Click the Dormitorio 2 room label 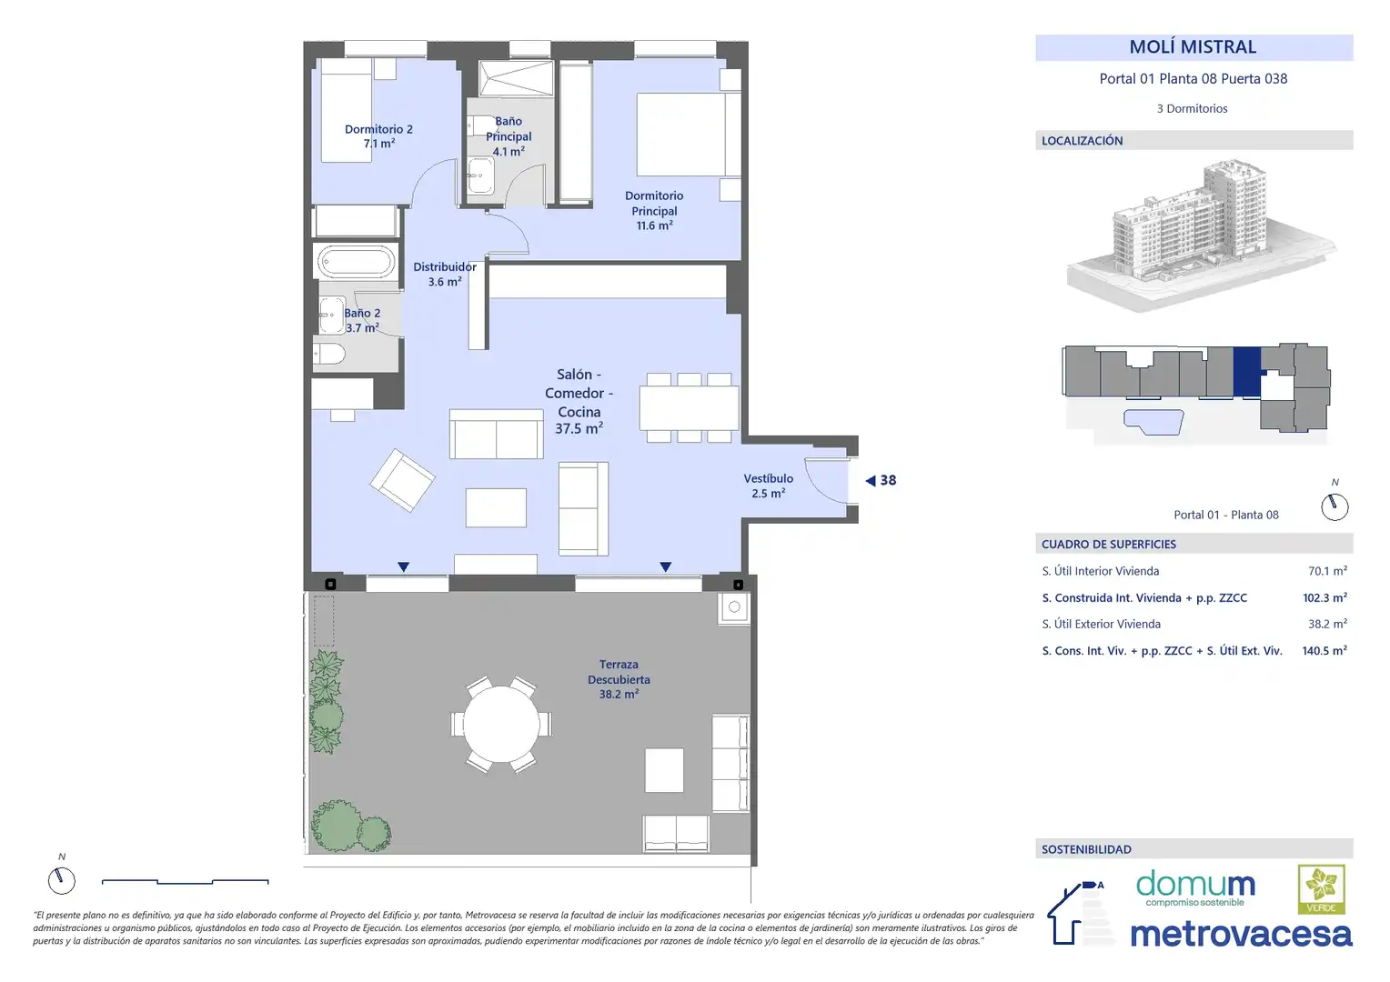coord(378,135)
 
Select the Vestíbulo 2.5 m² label coord(768,486)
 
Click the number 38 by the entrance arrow coord(888,480)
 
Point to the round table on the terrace coord(501,724)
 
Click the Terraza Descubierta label coord(619,679)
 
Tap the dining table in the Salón coord(689,407)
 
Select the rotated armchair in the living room coord(402,480)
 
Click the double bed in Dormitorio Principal coord(689,134)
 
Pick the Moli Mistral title coord(1193,47)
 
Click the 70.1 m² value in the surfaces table coord(1327,571)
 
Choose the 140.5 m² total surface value coord(1325,650)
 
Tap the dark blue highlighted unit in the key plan coord(1246,371)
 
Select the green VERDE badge coord(1322,889)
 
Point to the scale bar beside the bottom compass coord(185,881)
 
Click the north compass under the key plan coord(1335,506)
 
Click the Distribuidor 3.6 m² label coord(445,275)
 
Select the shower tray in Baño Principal coord(516,78)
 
